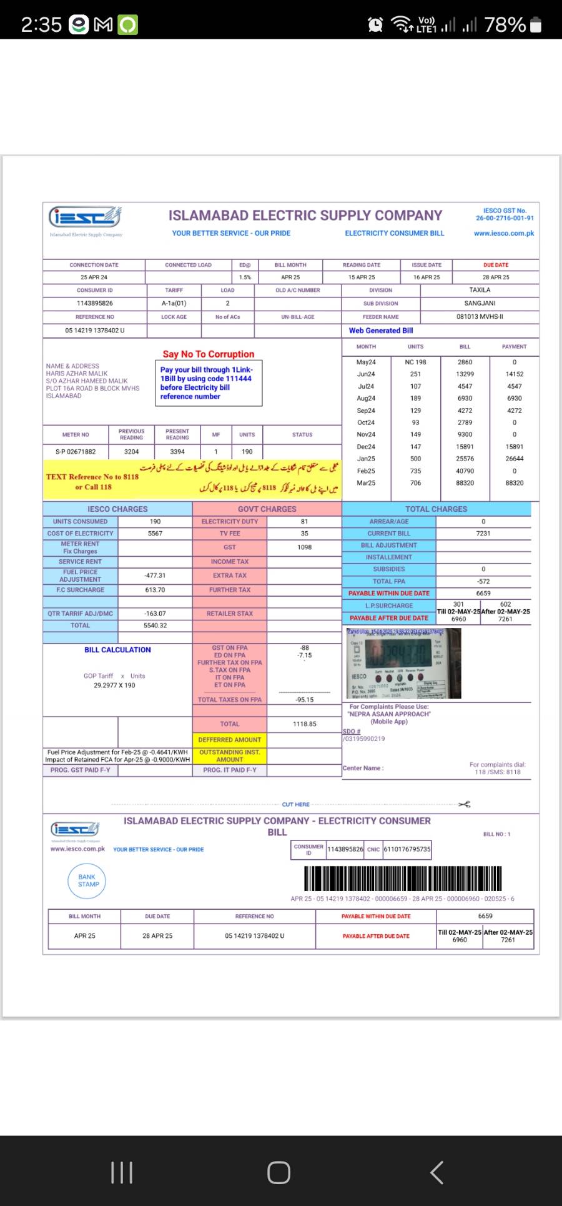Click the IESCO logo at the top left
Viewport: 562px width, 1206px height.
[85, 217]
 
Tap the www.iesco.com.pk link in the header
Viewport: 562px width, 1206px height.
[504, 233]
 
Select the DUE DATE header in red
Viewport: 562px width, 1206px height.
[495, 265]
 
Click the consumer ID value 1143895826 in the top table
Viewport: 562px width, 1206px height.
[95, 303]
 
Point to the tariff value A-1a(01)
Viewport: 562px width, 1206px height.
[174, 303]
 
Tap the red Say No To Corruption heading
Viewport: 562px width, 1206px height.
[209, 354]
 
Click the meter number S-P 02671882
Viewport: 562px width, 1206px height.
[76, 451]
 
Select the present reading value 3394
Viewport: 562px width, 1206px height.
[177, 451]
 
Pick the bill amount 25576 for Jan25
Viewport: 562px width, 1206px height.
[465, 459]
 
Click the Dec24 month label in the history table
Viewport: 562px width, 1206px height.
[366, 447]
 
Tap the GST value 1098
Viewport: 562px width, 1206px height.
[304, 547]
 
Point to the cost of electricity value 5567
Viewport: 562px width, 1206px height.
[155, 534]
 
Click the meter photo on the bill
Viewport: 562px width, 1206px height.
[404, 664]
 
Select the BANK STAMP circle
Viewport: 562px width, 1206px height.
[88, 880]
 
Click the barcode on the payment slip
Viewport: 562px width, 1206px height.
[403, 879]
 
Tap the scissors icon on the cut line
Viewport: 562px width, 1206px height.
[464, 804]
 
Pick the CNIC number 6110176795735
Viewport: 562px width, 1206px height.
[407, 849]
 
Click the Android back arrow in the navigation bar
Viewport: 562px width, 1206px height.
[437, 1172]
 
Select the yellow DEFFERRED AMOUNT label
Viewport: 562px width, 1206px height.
[230, 739]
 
